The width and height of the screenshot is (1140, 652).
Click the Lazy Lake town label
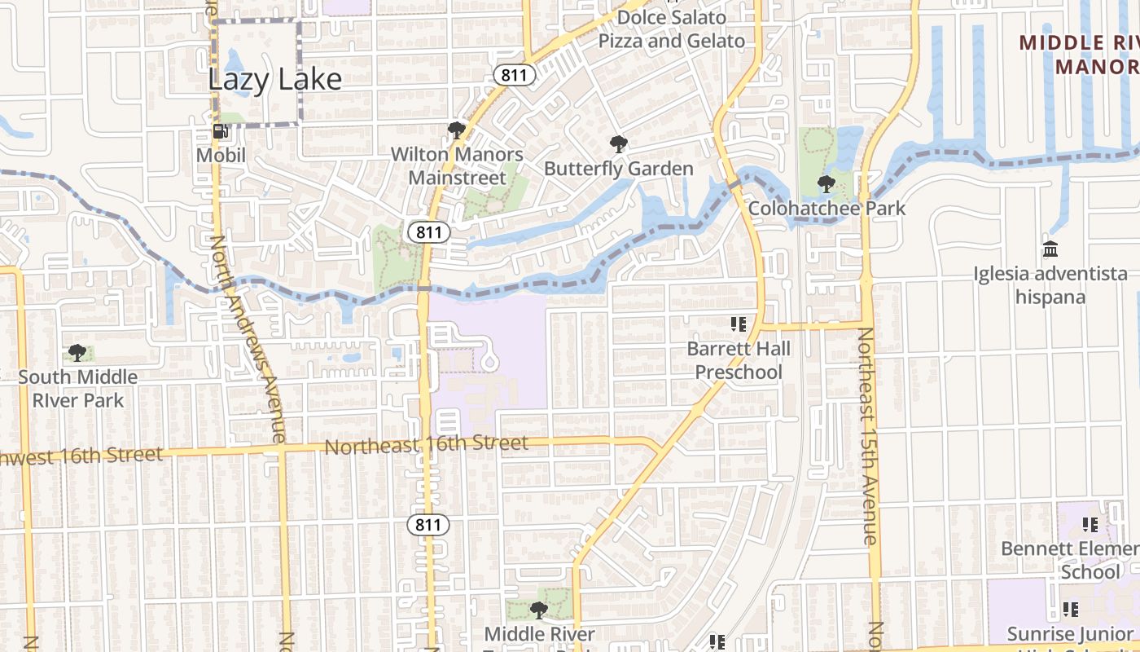[x=274, y=80]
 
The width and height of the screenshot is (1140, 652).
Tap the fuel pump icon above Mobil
[x=220, y=131]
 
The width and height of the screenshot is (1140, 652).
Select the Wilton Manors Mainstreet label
[x=457, y=165]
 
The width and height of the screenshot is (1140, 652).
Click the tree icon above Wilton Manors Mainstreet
[x=456, y=130]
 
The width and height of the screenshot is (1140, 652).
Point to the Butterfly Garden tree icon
[x=619, y=145]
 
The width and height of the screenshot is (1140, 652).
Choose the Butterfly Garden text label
[x=619, y=169]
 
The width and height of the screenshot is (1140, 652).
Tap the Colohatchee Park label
[x=826, y=208]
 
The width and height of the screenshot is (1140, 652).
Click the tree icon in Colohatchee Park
[x=826, y=184]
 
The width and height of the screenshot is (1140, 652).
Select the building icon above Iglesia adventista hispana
[x=1050, y=249]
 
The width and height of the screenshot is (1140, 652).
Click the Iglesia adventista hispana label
[x=1050, y=285]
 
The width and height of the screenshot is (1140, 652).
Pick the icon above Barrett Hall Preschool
[x=739, y=325]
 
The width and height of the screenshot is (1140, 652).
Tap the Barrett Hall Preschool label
[x=739, y=360]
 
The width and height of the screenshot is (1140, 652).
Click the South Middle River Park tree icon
[x=77, y=353]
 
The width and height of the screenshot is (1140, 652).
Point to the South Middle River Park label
[x=78, y=389]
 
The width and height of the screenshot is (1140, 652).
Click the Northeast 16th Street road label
[x=427, y=445]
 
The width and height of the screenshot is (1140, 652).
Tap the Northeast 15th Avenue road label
[x=868, y=436]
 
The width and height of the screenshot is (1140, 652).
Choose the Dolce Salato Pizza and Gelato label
[x=672, y=29]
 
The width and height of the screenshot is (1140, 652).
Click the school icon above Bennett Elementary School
[x=1090, y=525]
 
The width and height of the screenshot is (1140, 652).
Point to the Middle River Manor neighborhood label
[x=1079, y=54]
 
